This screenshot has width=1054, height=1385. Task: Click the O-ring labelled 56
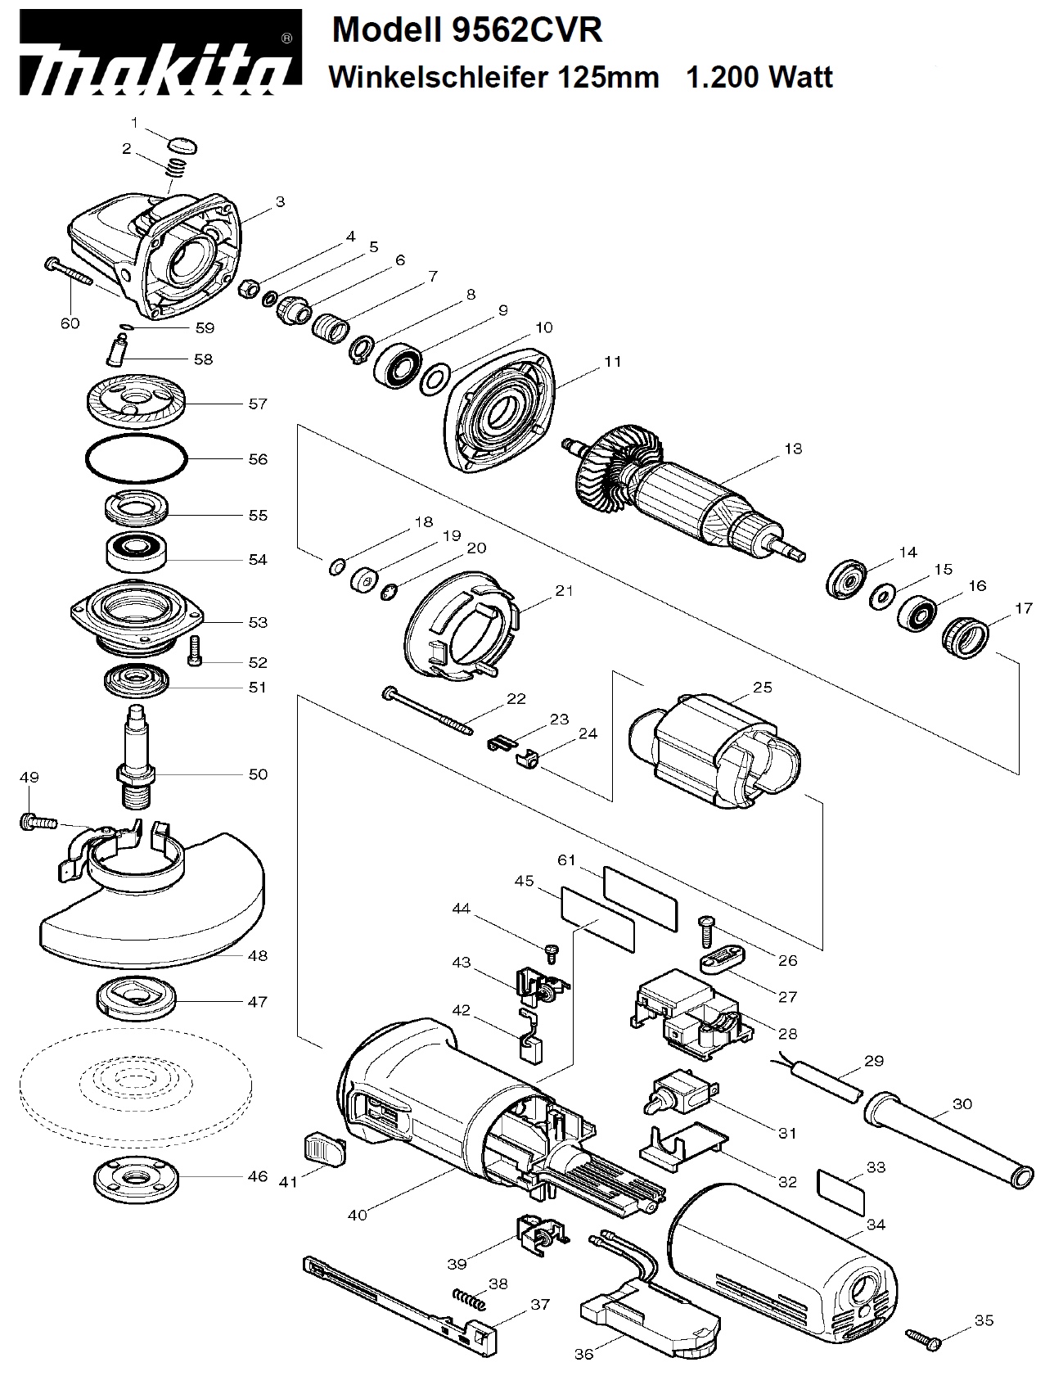pyautogui.click(x=137, y=459)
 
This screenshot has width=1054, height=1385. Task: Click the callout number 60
pyautogui.click(x=70, y=323)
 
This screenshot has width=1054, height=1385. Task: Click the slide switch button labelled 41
pyautogui.click(x=326, y=1148)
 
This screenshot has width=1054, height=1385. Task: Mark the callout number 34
pyautogui.click(x=876, y=1225)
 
